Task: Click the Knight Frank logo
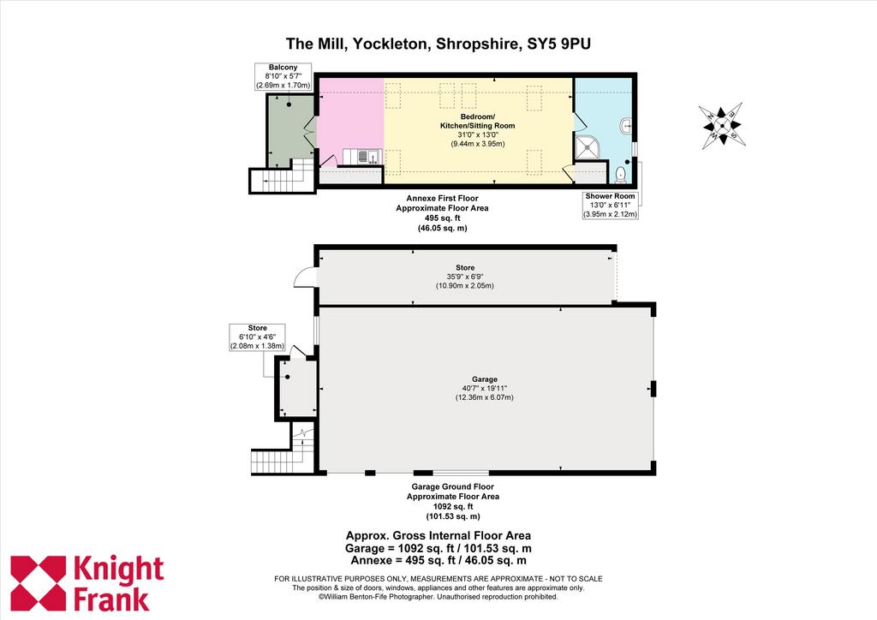[87, 584]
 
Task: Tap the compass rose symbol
[723, 125]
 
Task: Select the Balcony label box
[283, 76]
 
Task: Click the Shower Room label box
[610, 206]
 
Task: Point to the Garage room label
[485, 379]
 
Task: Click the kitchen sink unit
[362, 157]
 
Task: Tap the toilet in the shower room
[620, 176]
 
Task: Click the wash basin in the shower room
[626, 127]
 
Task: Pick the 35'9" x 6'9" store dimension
[465, 277]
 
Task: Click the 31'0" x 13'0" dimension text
[478, 134]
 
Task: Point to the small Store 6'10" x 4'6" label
[257, 337]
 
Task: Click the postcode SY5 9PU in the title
[559, 44]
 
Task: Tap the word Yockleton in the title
[392, 44]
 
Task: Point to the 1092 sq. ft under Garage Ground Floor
[453, 506]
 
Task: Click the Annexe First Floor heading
[442, 198]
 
